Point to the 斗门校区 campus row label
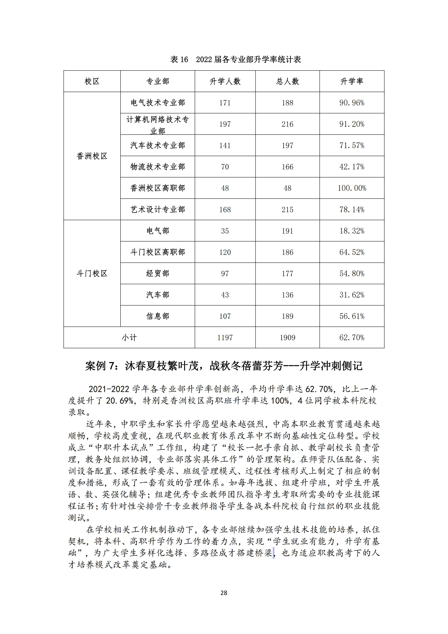(92, 274)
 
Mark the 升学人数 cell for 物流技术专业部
(225, 167)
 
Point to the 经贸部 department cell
(158, 274)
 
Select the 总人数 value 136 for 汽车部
(287, 295)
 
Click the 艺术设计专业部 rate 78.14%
(352, 210)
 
